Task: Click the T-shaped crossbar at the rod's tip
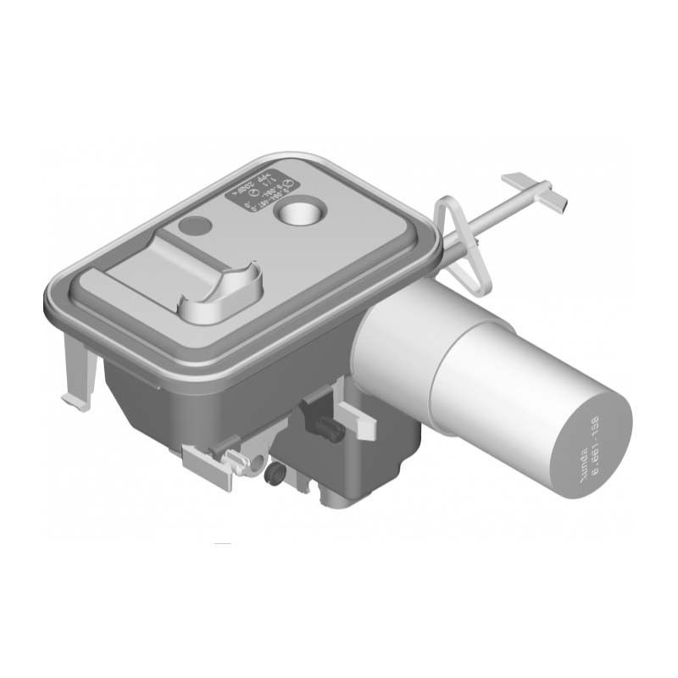[534, 191]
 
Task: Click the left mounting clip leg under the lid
[79, 373]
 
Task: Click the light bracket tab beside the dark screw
[356, 420]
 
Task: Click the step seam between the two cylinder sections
[441, 373]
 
